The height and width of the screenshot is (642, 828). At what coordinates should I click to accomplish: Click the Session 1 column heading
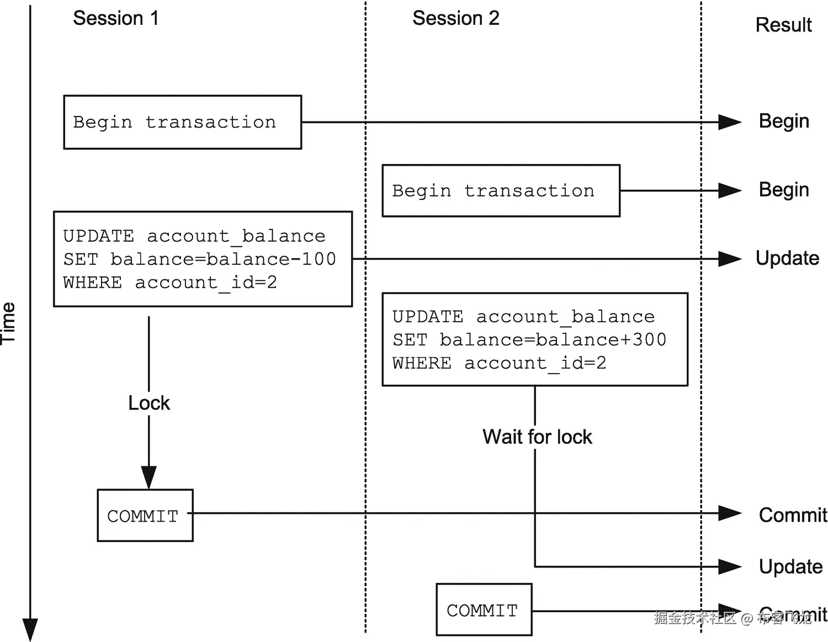click(116, 18)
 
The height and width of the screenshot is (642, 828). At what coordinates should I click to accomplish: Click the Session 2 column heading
click(455, 18)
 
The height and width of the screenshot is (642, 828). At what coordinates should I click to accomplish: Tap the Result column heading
click(783, 25)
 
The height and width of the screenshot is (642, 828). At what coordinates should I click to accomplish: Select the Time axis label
click(8, 323)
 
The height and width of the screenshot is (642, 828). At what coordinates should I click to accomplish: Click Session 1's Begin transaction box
click(182, 122)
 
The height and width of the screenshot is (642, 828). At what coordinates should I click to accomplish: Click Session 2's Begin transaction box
click(501, 190)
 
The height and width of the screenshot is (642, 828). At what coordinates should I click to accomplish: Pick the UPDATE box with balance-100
click(203, 259)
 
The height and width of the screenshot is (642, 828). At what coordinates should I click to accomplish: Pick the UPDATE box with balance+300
click(534, 339)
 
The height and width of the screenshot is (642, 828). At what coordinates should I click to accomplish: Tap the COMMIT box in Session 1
click(145, 516)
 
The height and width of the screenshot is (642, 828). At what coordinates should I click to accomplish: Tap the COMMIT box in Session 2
click(484, 610)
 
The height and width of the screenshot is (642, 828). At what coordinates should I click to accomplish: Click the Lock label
click(149, 403)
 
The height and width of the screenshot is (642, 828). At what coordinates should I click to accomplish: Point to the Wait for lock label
click(537, 437)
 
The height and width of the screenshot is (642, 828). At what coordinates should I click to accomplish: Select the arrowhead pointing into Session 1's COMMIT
click(149, 477)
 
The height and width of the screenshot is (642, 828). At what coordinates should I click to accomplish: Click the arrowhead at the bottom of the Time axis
click(30, 629)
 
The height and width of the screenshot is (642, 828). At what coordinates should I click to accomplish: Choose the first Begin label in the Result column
click(783, 121)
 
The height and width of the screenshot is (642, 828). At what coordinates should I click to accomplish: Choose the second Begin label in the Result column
click(783, 189)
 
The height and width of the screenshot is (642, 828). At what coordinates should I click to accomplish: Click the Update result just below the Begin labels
click(787, 258)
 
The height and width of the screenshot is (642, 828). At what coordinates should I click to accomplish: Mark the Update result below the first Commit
click(790, 566)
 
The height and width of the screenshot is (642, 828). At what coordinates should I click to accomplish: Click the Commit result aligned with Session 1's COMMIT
click(792, 514)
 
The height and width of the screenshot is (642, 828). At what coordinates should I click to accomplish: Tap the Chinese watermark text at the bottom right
click(732, 618)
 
